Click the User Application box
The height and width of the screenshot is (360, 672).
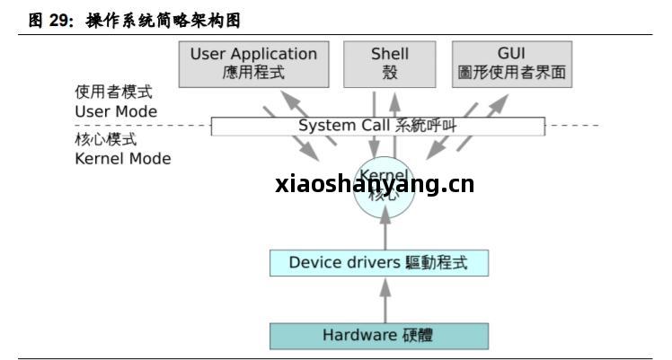pos(253,63)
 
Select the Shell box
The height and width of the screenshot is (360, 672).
pos(390,63)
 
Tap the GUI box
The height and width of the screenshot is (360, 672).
pos(511,63)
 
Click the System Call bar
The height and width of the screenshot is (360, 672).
pos(377,126)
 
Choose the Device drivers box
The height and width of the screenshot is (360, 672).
pos(380,263)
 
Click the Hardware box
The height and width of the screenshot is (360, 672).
pos(378,336)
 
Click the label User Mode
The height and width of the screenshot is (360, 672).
pos(116,111)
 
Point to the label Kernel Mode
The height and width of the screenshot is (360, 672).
pos(123,159)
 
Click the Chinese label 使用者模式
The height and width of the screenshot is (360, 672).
pos(114,92)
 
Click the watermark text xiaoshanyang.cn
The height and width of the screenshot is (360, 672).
pos(375,185)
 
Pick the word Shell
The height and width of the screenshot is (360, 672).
pos(390,54)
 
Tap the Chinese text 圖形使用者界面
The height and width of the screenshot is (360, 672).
pos(511,73)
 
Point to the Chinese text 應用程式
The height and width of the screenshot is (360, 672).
pos(253,73)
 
